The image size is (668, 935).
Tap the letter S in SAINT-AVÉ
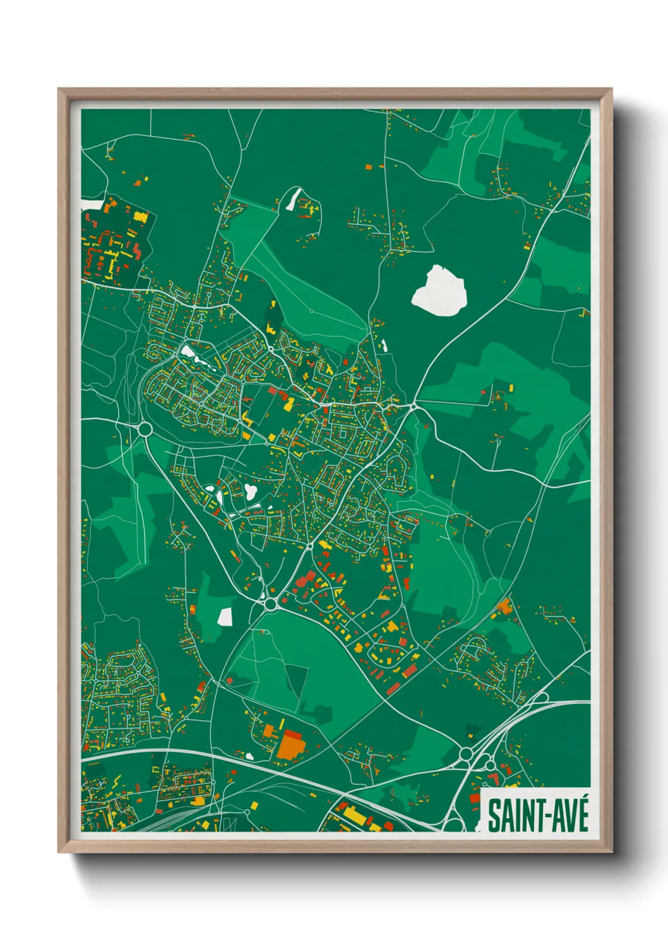494,816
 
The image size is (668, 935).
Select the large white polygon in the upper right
440,291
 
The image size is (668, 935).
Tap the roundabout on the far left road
145,430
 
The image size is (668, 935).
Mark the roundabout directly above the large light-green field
271,604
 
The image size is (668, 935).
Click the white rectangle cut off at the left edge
91,205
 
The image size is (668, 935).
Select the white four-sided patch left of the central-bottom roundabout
225,616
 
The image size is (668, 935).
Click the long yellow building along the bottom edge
356,816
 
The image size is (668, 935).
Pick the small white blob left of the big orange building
249,756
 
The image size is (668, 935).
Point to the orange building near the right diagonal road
504,606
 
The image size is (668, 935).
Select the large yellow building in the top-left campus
140,217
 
